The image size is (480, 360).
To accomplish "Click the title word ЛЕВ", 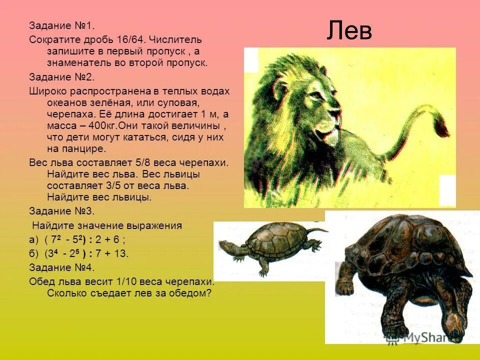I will pos(349,31).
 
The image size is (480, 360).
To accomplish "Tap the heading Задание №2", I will pos(61,77).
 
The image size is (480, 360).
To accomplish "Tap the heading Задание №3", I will pos(61,210).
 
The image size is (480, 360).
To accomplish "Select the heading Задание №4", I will pos(61,267).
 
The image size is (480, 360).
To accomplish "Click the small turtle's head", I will pos(227,246).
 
